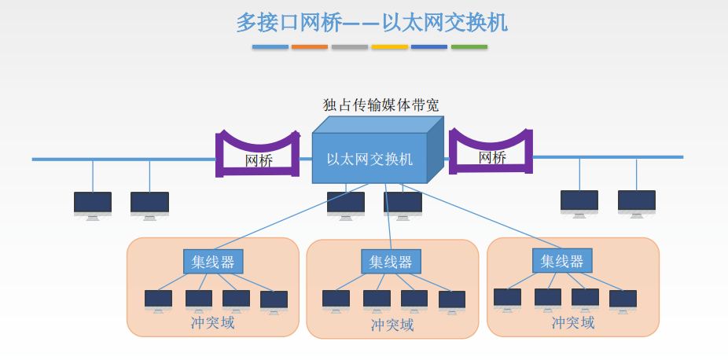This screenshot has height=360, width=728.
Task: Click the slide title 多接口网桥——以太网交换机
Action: click(x=372, y=23)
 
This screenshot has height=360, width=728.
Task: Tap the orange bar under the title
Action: click(x=310, y=47)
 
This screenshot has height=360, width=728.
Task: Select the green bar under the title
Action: click(x=469, y=47)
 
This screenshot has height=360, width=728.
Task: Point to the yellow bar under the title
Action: click(x=389, y=47)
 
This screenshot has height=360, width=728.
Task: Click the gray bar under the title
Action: click(x=350, y=47)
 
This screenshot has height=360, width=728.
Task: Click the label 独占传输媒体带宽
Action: click(x=381, y=105)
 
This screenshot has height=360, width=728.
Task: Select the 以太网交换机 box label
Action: click(x=370, y=160)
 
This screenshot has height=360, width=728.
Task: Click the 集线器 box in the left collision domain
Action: click(x=213, y=262)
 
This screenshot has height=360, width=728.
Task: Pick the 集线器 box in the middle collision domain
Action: click(x=391, y=262)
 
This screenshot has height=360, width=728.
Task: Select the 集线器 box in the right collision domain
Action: click(x=562, y=261)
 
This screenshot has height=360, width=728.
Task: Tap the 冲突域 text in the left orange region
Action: click(x=212, y=322)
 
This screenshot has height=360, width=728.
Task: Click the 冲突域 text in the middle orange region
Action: click(x=392, y=325)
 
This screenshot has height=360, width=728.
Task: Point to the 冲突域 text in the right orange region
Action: click(x=573, y=322)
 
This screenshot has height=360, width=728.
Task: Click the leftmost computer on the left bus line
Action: click(x=93, y=206)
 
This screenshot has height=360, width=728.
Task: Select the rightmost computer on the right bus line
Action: click(x=637, y=204)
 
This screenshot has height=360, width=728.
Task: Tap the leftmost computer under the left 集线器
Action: click(x=158, y=302)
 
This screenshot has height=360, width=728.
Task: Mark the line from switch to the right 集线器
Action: click(x=480, y=216)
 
